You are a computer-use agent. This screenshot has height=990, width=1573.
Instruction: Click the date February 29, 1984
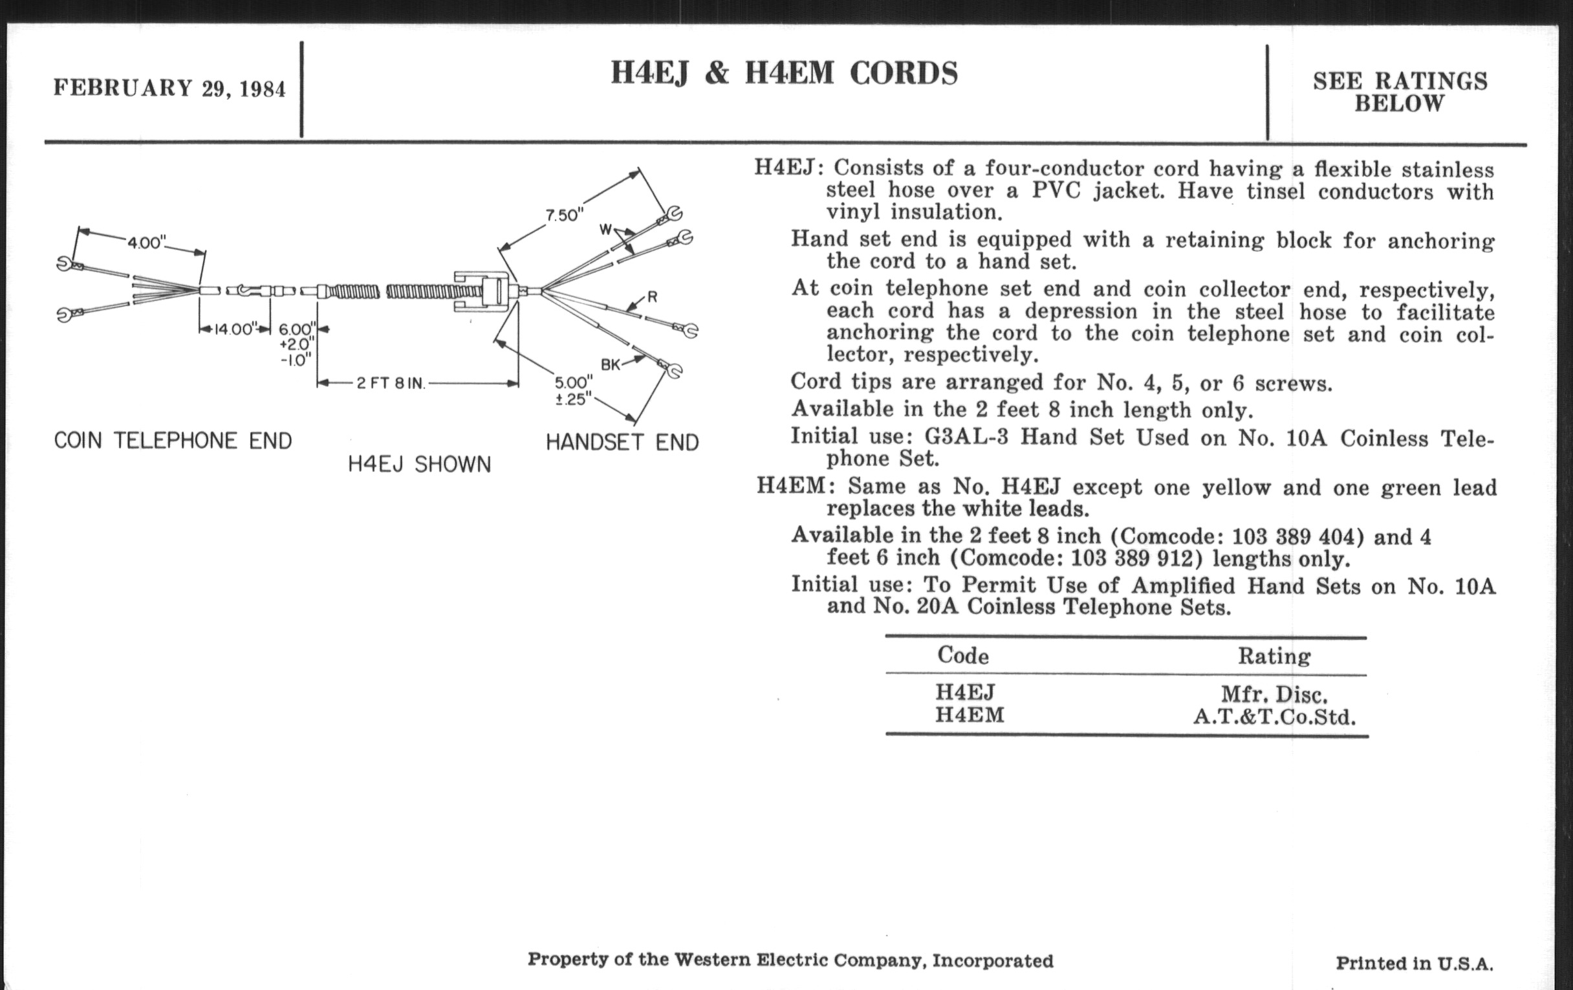[169, 88]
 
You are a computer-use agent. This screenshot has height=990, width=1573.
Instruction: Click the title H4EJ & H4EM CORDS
[784, 73]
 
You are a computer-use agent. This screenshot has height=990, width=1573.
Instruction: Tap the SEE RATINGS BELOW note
[1399, 92]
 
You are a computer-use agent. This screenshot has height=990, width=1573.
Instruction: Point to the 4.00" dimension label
[146, 243]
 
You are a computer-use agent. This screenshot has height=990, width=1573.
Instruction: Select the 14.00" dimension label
[233, 329]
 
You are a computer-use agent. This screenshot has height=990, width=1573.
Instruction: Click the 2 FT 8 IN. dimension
[391, 383]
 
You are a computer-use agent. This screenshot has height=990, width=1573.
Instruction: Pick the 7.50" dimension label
[565, 215]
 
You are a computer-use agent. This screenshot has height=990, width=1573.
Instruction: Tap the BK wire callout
[610, 365]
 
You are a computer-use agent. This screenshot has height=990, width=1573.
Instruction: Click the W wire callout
[605, 229]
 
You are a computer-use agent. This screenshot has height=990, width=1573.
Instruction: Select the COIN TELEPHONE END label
[173, 441]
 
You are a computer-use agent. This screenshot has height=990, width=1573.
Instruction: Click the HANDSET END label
[622, 443]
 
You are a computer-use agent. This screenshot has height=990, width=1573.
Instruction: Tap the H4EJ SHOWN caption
[418, 465]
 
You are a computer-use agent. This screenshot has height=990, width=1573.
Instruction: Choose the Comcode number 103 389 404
[1297, 537]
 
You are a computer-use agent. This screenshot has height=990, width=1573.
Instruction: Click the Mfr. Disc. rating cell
[1274, 694]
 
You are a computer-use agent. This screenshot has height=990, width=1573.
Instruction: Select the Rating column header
[1274, 656]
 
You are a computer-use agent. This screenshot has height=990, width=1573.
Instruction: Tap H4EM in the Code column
[970, 716]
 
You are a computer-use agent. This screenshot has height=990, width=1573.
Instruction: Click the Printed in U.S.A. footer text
[1415, 963]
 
